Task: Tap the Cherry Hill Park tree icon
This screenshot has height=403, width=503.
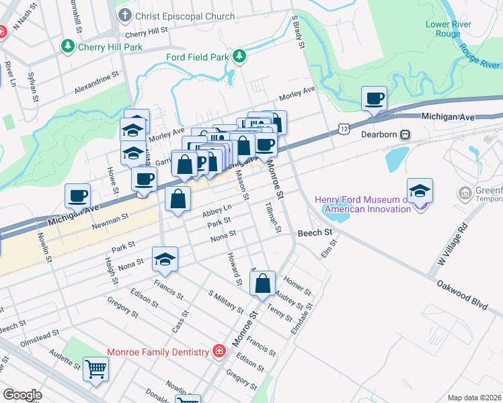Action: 67,46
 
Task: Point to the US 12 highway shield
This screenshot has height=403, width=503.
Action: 344,128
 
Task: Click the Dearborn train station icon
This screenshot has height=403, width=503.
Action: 405,134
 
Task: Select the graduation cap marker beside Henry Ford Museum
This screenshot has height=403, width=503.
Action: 420,191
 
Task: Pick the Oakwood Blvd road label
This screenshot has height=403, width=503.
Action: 463,296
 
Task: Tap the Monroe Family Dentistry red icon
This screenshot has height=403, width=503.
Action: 219,351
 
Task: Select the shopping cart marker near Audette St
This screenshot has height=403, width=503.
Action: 95,368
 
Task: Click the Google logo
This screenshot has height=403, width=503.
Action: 22,395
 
